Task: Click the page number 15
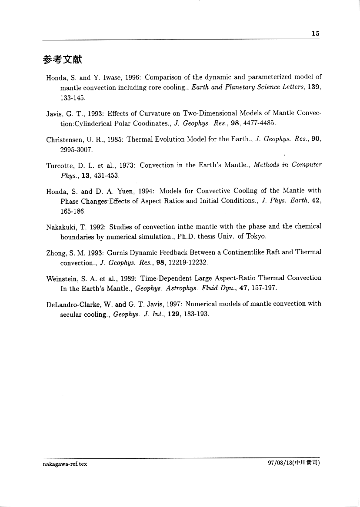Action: coord(316,34)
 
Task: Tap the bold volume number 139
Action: coord(313,87)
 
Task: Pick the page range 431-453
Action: coord(105,176)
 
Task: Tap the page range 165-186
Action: coord(73,211)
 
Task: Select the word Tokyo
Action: coord(256,237)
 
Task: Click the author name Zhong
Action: coord(55,252)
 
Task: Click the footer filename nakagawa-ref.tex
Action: coord(65,464)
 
